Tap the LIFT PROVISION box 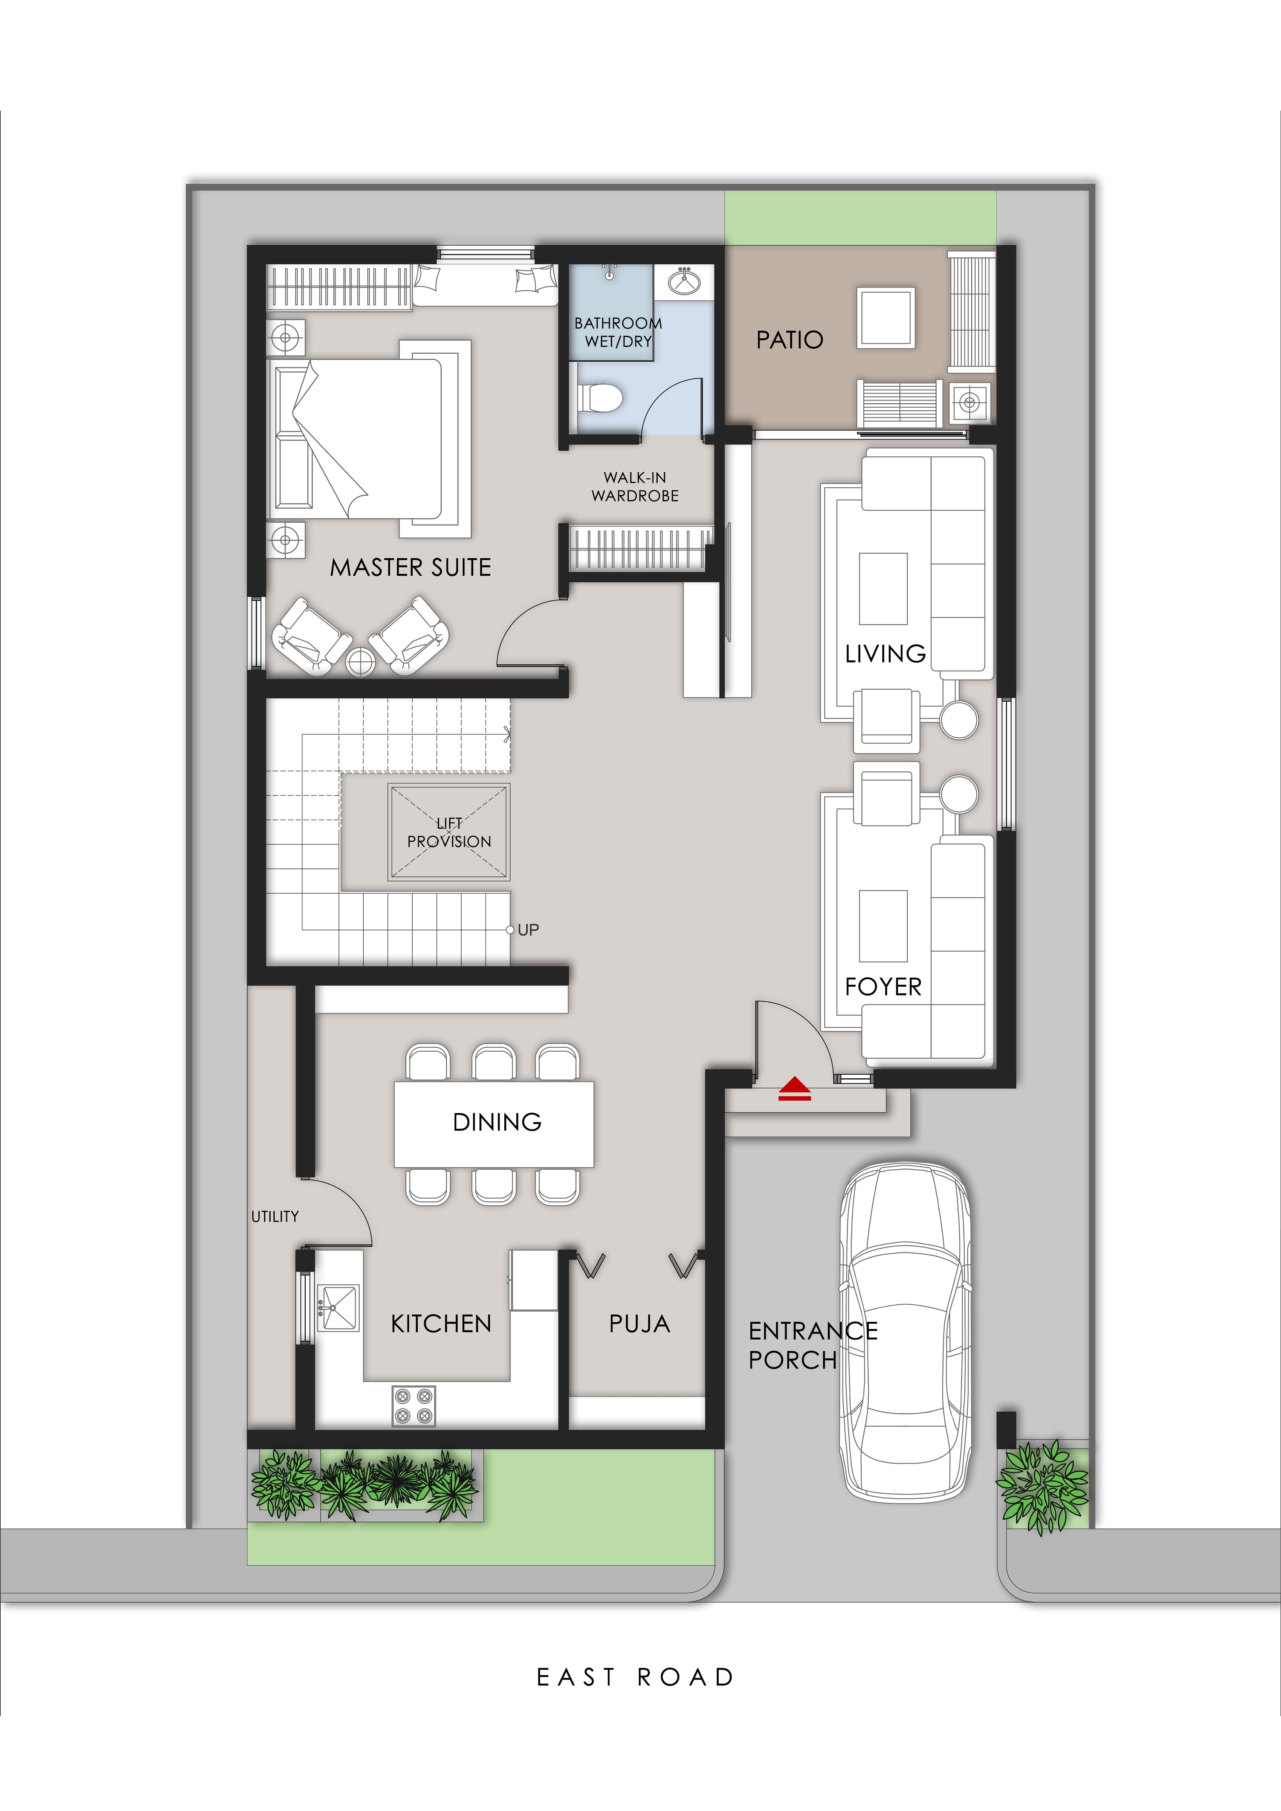pyautogui.click(x=449, y=832)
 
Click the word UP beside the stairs pyautogui.click(x=528, y=930)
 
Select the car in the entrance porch pyautogui.click(x=905, y=1333)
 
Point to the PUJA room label pyautogui.click(x=639, y=1324)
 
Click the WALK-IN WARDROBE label pyautogui.click(x=635, y=487)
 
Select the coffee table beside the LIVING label pyautogui.click(x=883, y=588)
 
